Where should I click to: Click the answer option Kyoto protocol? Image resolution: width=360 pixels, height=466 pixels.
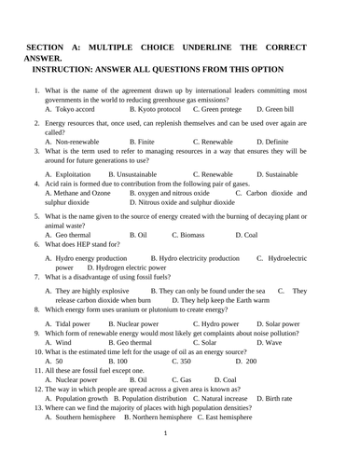[x=155, y=109]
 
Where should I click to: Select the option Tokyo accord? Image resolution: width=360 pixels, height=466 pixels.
[x=81, y=109]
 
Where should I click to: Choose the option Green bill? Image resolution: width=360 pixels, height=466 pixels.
[x=281, y=109]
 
